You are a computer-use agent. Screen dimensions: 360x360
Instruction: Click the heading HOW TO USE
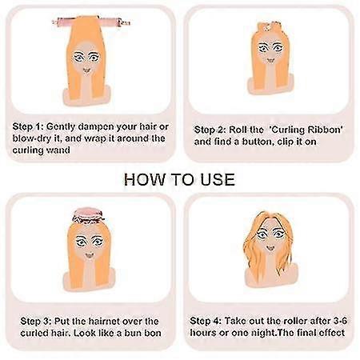pos(179,179)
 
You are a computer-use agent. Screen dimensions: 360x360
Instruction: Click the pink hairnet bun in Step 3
pos(88,216)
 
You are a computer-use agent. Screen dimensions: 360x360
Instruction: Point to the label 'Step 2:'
pos(210,130)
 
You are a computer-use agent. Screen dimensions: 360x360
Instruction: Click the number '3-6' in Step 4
pos(340,321)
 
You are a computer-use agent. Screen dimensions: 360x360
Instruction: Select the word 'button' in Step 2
pos(258,142)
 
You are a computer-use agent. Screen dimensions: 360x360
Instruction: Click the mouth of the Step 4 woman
pos(270,248)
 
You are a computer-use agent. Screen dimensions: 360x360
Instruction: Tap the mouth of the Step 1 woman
pos(86,70)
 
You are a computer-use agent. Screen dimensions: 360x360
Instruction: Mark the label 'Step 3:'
pos(36,322)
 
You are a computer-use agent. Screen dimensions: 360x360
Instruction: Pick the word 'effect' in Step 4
pos(332,333)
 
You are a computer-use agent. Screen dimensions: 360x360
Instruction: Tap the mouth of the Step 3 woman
pos(89,255)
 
